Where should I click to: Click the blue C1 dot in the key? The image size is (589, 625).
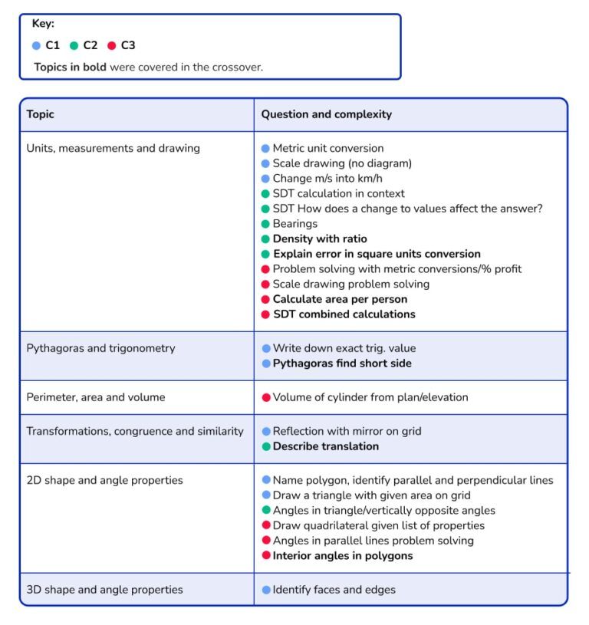click(36, 46)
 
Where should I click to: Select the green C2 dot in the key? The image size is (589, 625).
click(74, 46)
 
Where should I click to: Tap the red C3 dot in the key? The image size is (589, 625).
click(111, 46)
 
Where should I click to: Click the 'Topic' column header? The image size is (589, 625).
click(41, 114)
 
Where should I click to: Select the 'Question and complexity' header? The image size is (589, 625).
click(326, 114)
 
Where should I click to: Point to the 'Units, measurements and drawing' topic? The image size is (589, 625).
click(113, 149)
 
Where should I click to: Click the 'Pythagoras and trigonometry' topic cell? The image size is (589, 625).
click(100, 348)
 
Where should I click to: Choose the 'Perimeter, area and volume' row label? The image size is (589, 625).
click(95, 397)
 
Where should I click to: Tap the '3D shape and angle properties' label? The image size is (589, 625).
click(104, 590)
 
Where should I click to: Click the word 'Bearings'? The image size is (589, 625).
click(294, 224)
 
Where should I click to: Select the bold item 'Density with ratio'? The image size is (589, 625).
click(320, 239)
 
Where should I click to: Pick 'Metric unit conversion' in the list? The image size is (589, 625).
click(328, 149)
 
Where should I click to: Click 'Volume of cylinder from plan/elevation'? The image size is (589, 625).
click(370, 397)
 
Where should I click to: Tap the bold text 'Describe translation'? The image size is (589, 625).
click(326, 446)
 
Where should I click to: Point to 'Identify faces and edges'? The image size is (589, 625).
click(334, 590)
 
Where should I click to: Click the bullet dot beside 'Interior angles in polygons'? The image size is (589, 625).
click(266, 556)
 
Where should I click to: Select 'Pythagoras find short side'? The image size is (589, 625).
click(342, 363)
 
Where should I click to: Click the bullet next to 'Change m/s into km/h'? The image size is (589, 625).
click(266, 179)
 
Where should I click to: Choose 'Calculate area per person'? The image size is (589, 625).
click(340, 299)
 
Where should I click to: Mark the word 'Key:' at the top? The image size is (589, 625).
click(43, 24)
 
